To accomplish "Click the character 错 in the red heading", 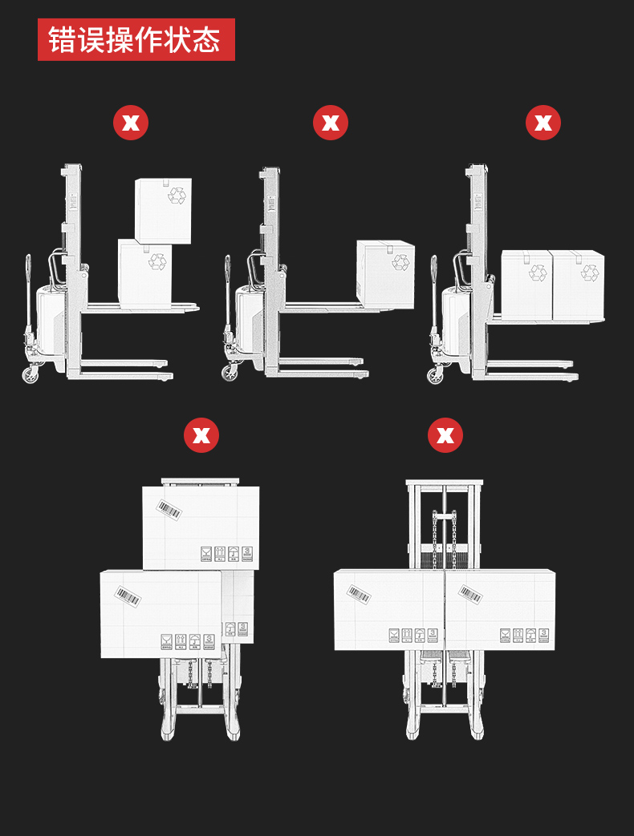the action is click(x=62, y=39).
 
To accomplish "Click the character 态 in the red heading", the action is click(x=206, y=39).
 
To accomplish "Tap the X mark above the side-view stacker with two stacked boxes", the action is click(x=131, y=123).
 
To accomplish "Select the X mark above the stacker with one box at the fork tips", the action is click(x=331, y=123).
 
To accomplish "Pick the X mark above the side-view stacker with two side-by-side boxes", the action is click(x=543, y=123).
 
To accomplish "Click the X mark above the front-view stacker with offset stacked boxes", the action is click(x=201, y=435).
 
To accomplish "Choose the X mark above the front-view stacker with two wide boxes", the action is click(x=445, y=435).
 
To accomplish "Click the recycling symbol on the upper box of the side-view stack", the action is click(x=177, y=195).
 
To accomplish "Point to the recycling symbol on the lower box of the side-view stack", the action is click(x=157, y=262).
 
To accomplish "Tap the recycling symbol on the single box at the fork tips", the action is click(x=400, y=262).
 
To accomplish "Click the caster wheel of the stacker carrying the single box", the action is click(x=230, y=373).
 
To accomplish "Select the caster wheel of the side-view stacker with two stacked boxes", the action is click(x=30, y=374).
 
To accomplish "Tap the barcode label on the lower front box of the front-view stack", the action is click(x=128, y=596).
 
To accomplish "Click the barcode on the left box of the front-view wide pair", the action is click(x=360, y=594).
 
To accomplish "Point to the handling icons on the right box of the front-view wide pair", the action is click(x=525, y=635).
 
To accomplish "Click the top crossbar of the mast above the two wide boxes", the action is click(x=445, y=483).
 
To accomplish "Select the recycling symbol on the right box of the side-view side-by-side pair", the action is click(x=590, y=273).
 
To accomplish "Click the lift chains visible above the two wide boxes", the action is click(x=445, y=539).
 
